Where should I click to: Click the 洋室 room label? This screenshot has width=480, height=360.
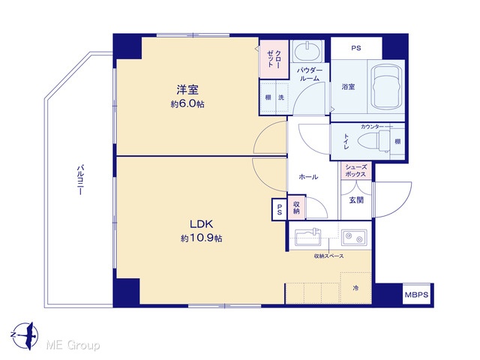[x=187, y=90]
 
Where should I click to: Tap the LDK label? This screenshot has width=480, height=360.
[x=201, y=224]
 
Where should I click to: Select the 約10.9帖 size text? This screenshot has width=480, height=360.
[x=201, y=238]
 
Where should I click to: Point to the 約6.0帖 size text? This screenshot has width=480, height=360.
[x=187, y=104]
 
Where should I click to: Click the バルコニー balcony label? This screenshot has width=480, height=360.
[x=80, y=180]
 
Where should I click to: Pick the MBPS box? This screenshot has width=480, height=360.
[x=417, y=295]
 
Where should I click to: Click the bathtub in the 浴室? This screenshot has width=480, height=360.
[x=386, y=86]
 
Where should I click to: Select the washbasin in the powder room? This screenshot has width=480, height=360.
[x=307, y=51]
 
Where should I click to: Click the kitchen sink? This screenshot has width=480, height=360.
[x=308, y=236]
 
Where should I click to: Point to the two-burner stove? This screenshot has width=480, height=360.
[x=354, y=237]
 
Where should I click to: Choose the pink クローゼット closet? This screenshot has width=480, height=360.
[x=274, y=59]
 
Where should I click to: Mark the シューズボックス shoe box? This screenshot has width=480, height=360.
[x=355, y=171]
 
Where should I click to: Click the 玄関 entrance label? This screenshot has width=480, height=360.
[x=357, y=200]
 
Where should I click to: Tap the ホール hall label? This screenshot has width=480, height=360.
[x=308, y=177]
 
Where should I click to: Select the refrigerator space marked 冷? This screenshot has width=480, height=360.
[x=355, y=288]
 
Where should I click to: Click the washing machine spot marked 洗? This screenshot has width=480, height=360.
[x=281, y=97]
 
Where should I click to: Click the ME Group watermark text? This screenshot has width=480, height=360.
[x=73, y=345]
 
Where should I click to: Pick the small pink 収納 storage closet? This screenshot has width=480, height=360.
[x=296, y=208]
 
